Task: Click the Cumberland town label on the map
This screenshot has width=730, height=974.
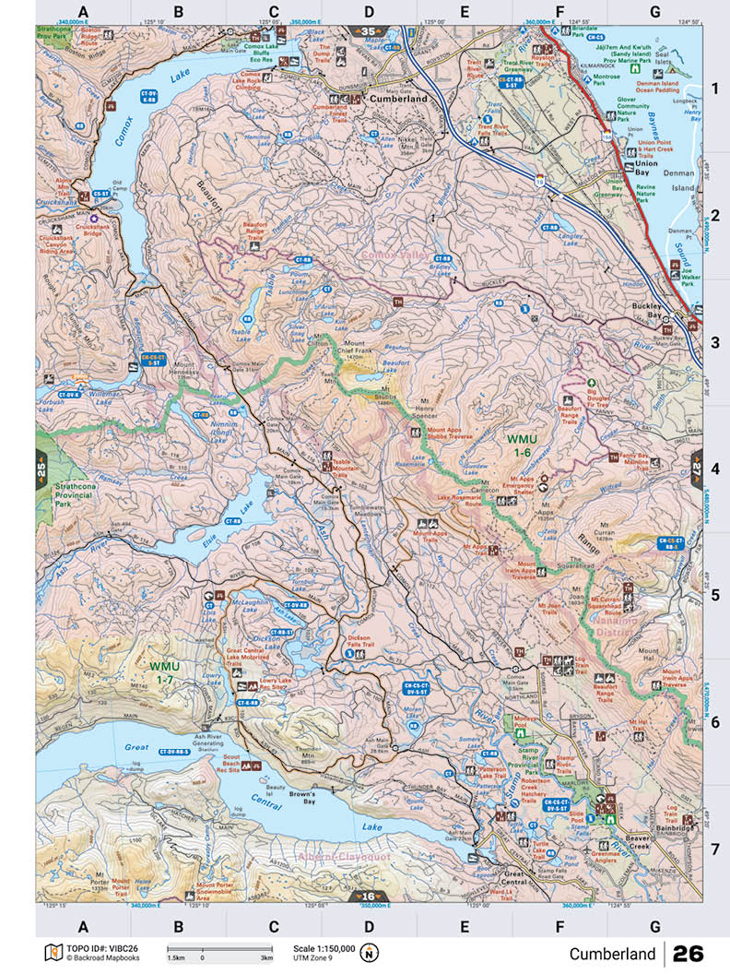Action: [x=397, y=98]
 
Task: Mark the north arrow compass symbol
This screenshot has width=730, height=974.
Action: [x=370, y=952]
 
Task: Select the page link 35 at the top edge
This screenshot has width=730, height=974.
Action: [x=369, y=32]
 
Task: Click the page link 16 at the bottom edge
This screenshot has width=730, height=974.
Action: [x=368, y=896]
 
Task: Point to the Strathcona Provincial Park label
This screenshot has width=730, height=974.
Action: [x=76, y=493]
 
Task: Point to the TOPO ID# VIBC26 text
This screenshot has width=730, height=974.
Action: [x=92, y=948]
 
